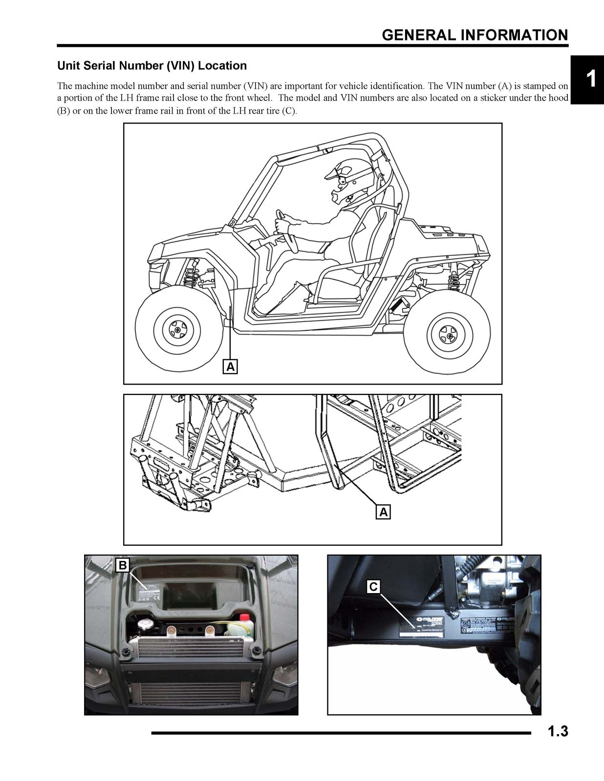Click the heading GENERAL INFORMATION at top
pos(475,35)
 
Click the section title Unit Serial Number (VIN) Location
pos(152,65)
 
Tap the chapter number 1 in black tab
pos(590,80)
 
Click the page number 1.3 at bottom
pos(557,732)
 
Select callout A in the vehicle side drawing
pos(230,366)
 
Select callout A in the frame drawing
pos(384,512)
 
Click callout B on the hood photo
pos(123,565)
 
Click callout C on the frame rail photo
pos(373,586)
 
